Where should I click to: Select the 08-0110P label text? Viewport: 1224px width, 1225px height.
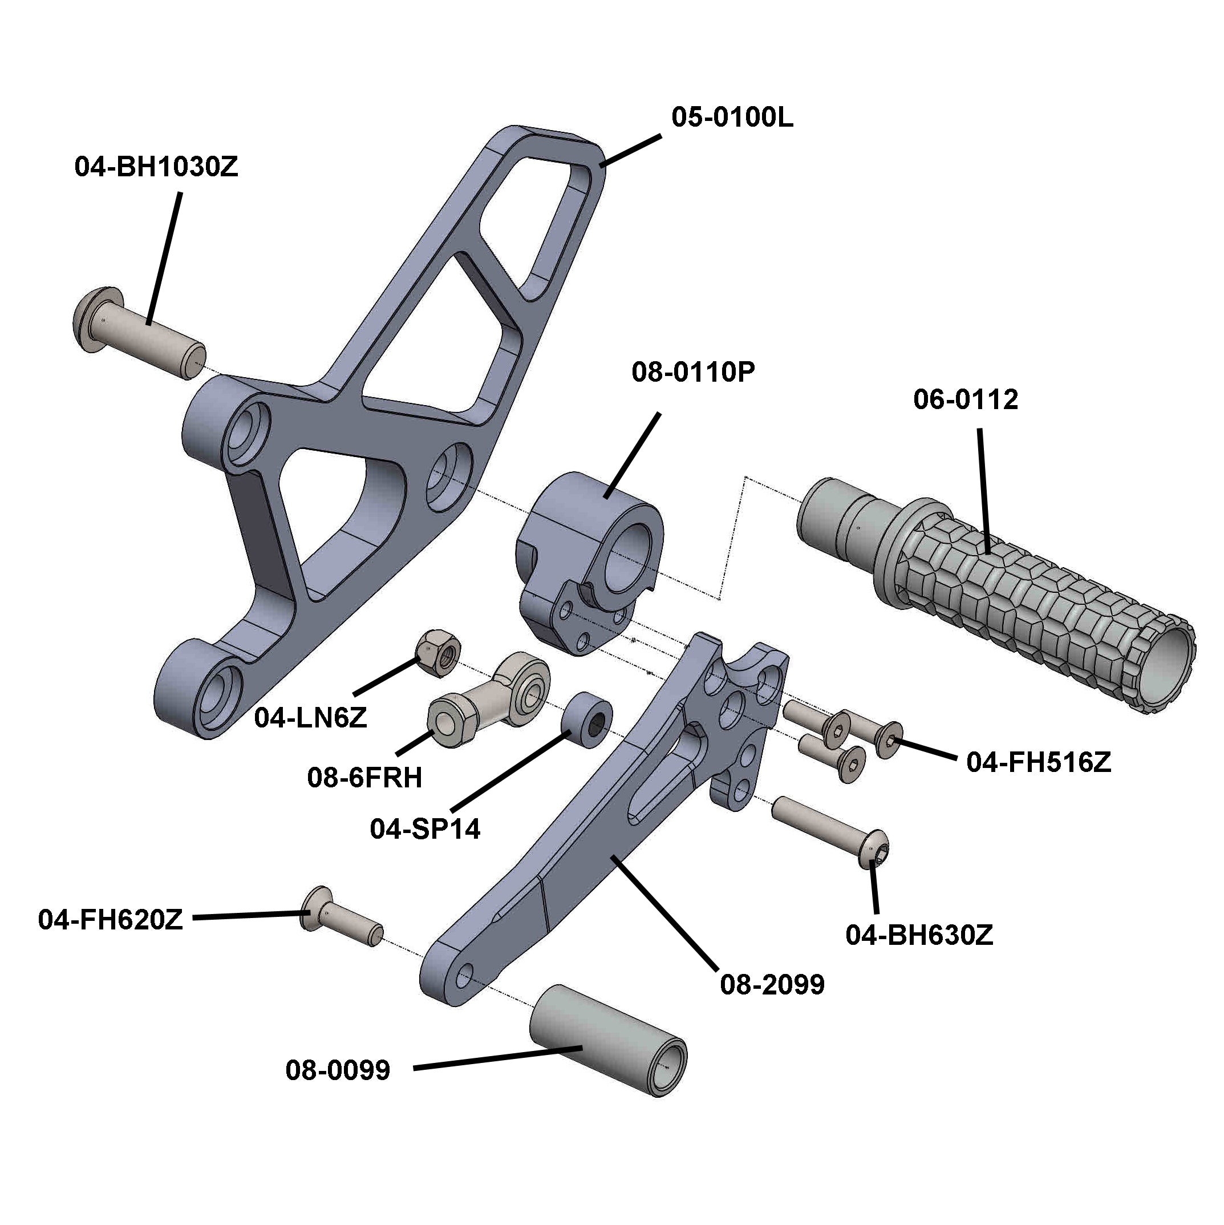coord(694,372)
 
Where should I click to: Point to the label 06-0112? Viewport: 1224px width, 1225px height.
coord(966,399)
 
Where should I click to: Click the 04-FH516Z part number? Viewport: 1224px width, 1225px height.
coord(1039,762)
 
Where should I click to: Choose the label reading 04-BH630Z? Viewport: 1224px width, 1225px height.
coord(919,935)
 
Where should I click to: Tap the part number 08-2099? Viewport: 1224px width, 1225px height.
coord(772,985)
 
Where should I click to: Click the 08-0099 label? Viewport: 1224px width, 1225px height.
coord(338,1070)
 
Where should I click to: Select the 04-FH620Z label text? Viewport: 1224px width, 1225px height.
coord(110,920)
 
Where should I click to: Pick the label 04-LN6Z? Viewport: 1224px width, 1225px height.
coord(311,718)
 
